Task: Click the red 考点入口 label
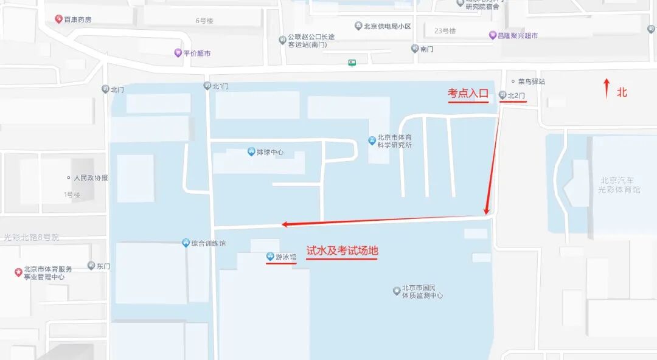[x=468, y=94]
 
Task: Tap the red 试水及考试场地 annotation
[x=342, y=251]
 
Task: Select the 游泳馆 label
[x=286, y=257]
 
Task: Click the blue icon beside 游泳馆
[x=270, y=257]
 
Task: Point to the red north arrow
[x=606, y=88]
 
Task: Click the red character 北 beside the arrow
[x=622, y=92]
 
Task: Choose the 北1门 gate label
[x=220, y=86]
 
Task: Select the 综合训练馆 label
[x=208, y=243]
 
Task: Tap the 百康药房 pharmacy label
[x=78, y=19]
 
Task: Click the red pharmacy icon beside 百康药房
[x=58, y=19]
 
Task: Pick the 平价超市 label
[x=197, y=53]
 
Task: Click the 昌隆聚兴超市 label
[x=518, y=35]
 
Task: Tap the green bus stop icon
[x=352, y=62]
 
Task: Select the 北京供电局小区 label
[x=387, y=26]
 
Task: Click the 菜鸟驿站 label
[x=531, y=81]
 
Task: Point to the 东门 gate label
[x=103, y=266]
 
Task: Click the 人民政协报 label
[x=91, y=178]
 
